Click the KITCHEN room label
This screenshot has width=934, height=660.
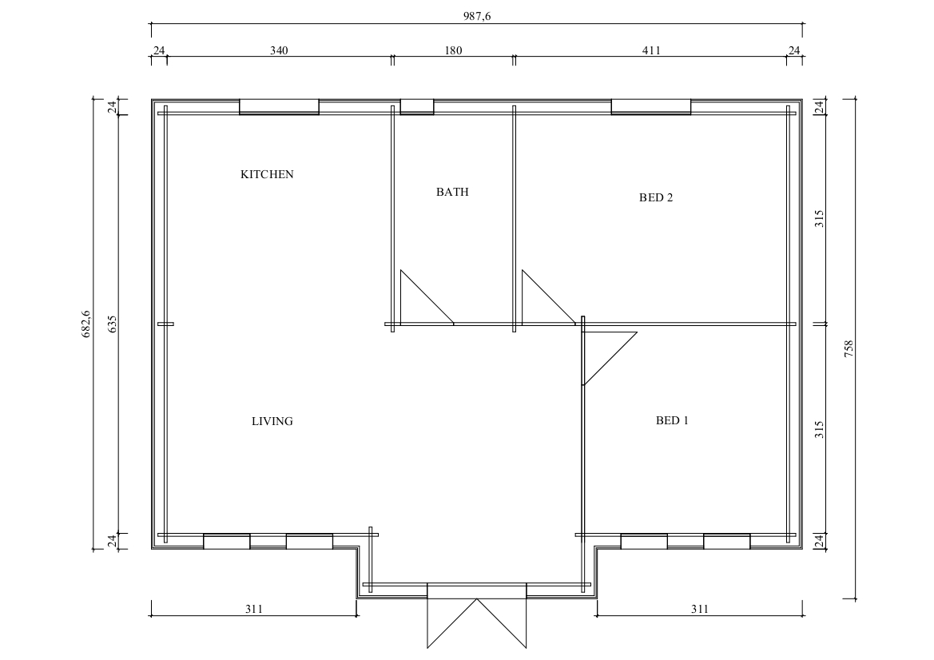(267, 174)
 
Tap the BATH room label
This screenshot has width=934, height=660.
(452, 192)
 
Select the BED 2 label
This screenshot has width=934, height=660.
(656, 198)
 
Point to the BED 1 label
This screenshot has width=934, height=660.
(672, 420)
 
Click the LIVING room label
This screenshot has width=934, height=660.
(272, 421)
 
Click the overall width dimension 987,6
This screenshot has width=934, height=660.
(477, 17)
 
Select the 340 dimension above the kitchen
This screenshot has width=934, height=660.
(279, 50)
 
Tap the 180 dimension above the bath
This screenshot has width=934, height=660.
(453, 50)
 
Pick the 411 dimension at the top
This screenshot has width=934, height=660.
(651, 50)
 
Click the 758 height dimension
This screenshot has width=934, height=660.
(849, 348)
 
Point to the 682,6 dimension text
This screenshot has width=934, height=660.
(85, 324)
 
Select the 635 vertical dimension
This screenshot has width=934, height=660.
(113, 324)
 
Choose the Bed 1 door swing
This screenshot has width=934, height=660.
(610, 359)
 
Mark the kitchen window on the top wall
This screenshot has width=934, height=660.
(279, 106)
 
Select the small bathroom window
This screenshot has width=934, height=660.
(417, 106)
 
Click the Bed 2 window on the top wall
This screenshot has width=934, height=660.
(651, 106)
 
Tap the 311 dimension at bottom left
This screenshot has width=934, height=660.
(254, 610)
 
